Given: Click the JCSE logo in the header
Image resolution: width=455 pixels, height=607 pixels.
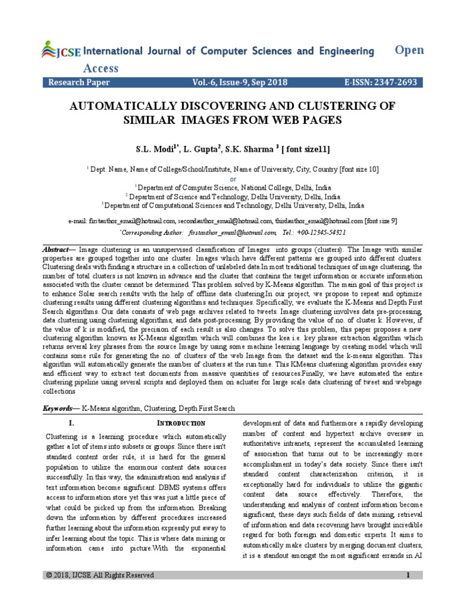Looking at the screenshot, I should tap(61, 52).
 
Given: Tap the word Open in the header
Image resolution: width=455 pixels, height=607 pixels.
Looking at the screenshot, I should tap(409, 50).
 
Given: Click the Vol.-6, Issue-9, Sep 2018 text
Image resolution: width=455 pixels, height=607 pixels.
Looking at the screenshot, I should tap(234, 84).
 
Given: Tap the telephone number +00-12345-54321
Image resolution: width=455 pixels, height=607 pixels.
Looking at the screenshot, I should tap(320, 232).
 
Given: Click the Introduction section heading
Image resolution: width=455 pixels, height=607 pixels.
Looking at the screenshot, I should tap(181, 423).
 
